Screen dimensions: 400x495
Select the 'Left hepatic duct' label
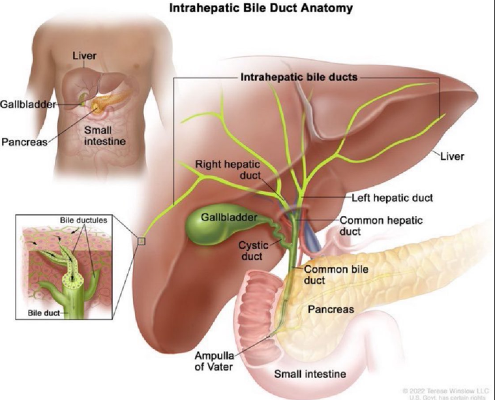coord(392,196)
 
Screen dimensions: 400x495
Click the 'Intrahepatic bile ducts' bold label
coord(299,77)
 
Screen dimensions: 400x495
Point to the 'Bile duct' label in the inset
coord(44,313)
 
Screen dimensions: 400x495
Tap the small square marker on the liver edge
coord(142,242)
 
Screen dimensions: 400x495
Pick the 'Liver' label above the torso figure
coord(85,56)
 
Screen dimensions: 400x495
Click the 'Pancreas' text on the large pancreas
coord(331,309)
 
